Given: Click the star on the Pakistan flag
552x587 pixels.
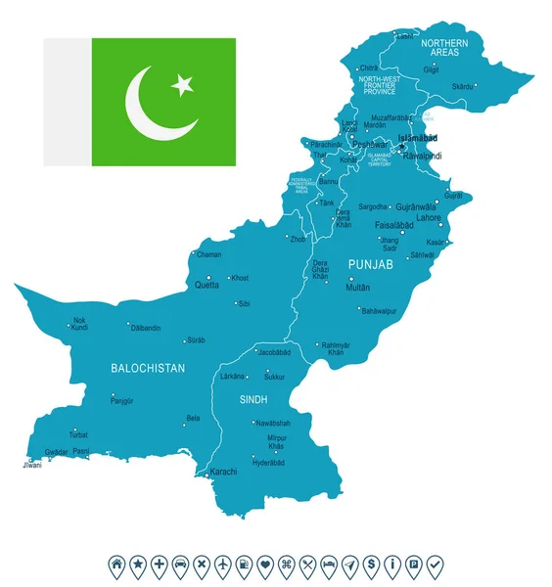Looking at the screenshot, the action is (182, 86).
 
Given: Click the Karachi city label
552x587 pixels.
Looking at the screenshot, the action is (223, 472).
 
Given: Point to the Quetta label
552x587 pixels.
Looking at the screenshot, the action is (206, 285).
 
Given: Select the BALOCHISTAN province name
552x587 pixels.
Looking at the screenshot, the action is (148, 369).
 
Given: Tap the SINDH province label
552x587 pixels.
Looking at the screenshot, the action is (253, 399).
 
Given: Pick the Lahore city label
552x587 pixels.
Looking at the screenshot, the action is (430, 218).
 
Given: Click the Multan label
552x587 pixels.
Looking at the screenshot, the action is (358, 288).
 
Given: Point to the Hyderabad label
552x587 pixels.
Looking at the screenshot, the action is (269, 462).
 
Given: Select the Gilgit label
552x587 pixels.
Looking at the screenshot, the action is (432, 69).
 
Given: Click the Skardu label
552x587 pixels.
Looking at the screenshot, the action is (462, 86).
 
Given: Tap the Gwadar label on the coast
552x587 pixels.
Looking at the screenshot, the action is (57, 452).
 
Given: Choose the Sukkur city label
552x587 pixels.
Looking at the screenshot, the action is (274, 376).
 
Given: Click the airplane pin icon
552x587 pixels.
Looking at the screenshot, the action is (222, 564).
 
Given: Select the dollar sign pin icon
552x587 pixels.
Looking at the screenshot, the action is (371, 564).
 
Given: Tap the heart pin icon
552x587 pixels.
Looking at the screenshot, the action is (264, 564).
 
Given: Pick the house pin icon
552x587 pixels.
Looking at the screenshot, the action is (116, 564).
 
